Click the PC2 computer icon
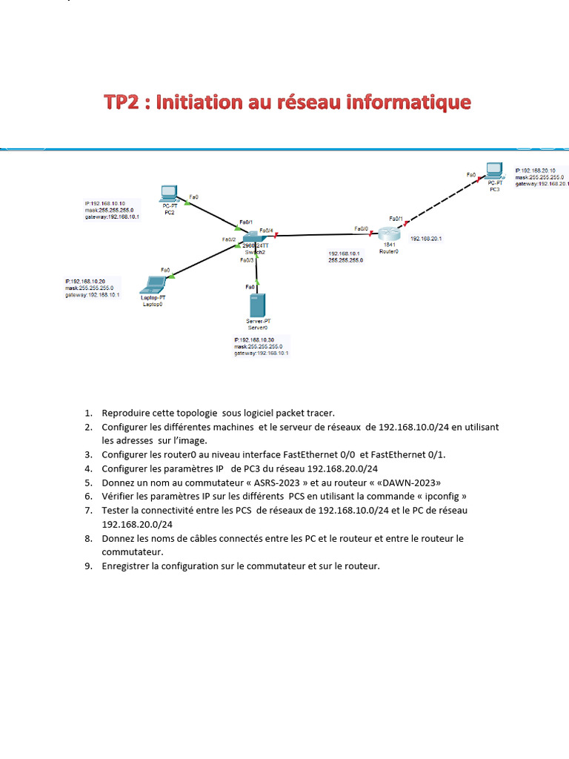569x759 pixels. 169,193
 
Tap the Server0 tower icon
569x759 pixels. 257,305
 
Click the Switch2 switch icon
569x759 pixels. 255,239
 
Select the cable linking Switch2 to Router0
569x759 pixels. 319,235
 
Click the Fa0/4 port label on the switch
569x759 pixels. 267,231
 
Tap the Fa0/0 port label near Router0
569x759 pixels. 362,228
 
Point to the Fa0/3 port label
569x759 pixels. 246,260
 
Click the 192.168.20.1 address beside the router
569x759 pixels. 426,239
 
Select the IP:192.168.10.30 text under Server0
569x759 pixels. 254,339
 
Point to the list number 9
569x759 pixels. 88,566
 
